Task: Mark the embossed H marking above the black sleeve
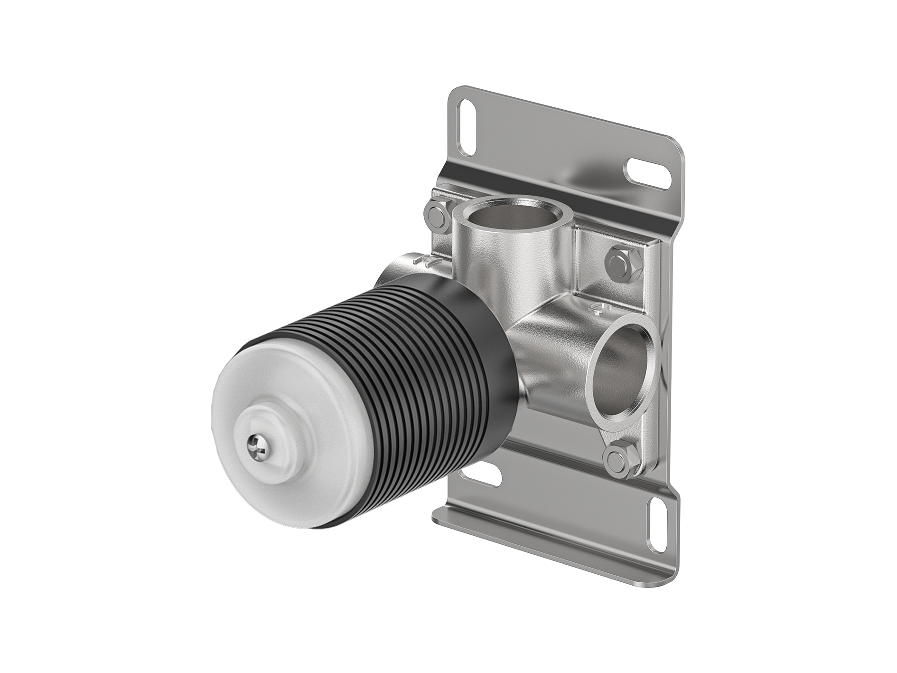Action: [x=424, y=261]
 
